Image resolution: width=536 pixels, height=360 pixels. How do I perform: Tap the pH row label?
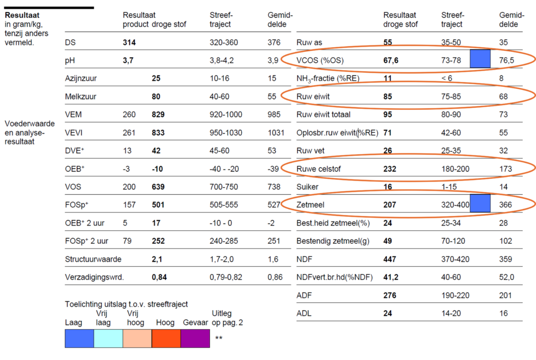(x=70, y=60)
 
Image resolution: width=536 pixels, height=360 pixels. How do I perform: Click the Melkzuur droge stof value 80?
(x=156, y=97)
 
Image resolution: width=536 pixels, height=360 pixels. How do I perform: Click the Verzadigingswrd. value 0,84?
(x=160, y=277)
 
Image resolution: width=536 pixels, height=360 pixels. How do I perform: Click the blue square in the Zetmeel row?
(x=480, y=203)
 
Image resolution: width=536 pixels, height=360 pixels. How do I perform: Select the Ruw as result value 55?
(x=388, y=42)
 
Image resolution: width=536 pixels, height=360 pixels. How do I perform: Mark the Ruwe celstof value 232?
(x=389, y=168)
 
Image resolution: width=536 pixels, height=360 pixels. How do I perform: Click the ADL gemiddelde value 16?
(x=504, y=313)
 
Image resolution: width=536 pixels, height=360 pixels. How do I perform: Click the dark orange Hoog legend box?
(x=166, y=338)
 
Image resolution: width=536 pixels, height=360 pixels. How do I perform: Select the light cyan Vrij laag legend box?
(x=108, y=338)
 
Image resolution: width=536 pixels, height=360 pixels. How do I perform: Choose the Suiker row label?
(x=308, y=187)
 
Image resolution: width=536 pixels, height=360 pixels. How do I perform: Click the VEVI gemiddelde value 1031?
(x=276, y=133)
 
